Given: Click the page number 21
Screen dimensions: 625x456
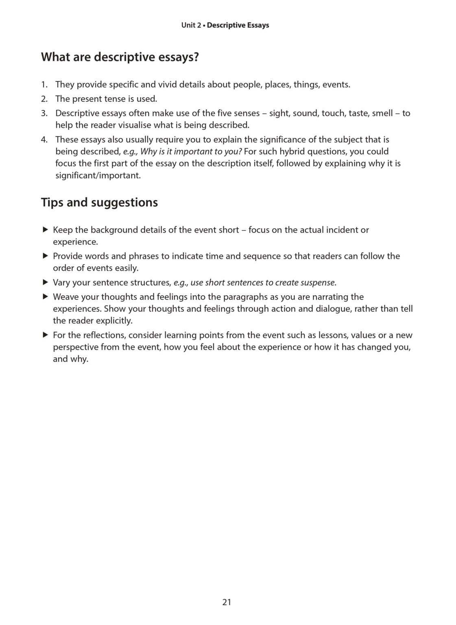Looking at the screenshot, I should [x=227, y=602].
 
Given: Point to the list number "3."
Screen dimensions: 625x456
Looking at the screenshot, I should [x=44, y=113].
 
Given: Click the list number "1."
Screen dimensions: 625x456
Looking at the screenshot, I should [x=44, y=85].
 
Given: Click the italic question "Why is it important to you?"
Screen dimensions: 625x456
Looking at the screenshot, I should [x=191, y=151].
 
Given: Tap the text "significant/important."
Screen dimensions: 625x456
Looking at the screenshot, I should [x=98, y=176].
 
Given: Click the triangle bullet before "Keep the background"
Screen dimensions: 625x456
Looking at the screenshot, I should [x=45, y=229].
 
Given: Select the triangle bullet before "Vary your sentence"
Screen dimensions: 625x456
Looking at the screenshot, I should [x=45, y=282].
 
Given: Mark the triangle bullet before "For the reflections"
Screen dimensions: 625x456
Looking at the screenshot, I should [x=45, y=335].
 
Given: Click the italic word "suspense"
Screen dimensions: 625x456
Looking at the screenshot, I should [x=318, y=282].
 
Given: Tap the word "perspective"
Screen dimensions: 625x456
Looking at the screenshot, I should [x=76, y=347].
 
